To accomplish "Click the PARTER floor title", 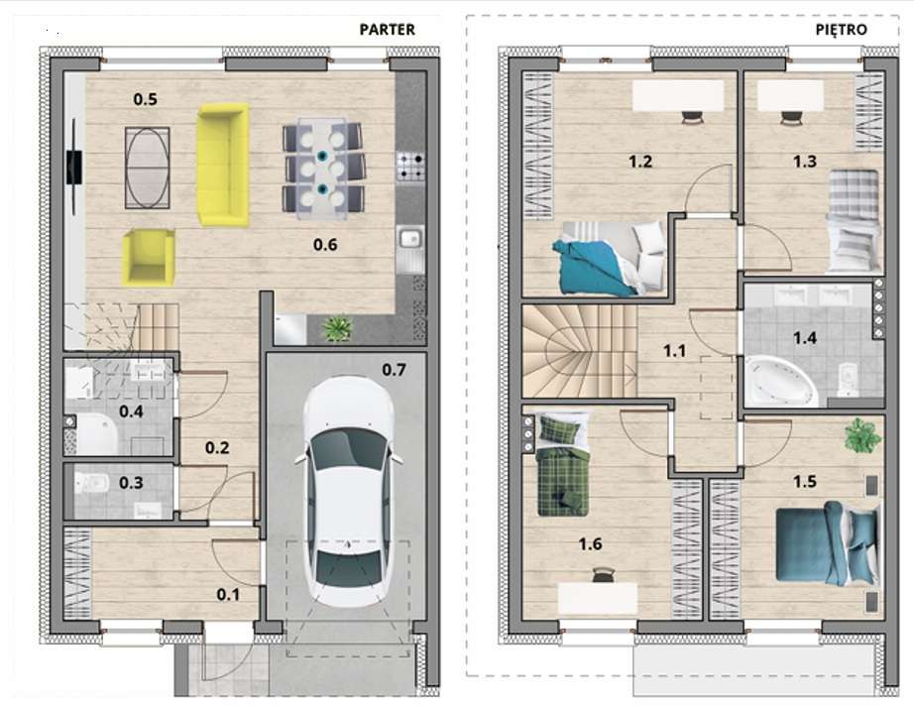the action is pyautogui.click(x=387, y=29).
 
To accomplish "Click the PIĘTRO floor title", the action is pyautogui.click(x=841, y=29).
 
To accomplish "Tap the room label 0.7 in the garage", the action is pyautogui.click(x=394, y=370).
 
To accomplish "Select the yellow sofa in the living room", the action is pyautogui.click(x=223, y=165).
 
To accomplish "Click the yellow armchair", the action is pyautogui.click(x=149, y=258).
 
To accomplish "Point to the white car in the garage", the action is pyautogui.click(x=349, y=491).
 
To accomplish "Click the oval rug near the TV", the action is pyautogui.click(x=148, y=168).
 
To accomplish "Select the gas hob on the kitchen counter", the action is pyautogui.click(x=410, y=166).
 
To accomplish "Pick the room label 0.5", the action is pyautogui.click(x=145, y=99).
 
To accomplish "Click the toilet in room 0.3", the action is pyautogui.click(x=92, y=482).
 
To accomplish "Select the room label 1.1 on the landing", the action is pyautogui.click(x=674, y=351).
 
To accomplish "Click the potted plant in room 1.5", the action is pyautogui.click(x=862, y=435).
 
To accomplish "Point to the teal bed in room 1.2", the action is pyautogui.click(x=610, y=258).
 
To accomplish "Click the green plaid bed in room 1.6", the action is pyautogui.click(x=562, y=464).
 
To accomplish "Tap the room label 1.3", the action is pyautogui.click(x=804, y=162).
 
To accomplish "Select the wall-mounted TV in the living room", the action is pyautogui.click(x=74, y=167).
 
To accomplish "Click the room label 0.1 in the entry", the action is pyautogui.click(x=228, y=595).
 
